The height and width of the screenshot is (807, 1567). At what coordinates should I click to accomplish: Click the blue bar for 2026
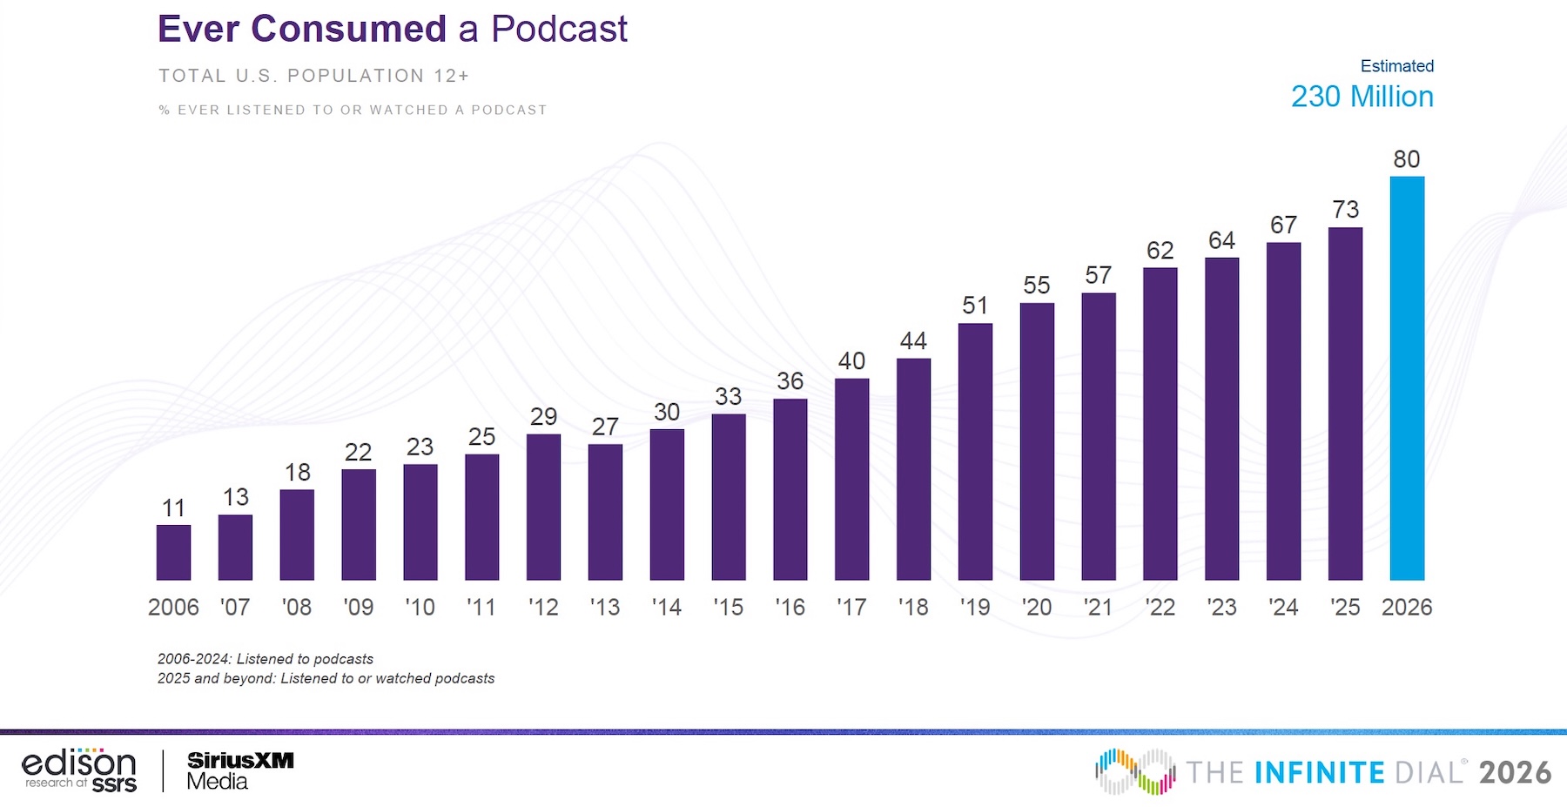click(1407, 379)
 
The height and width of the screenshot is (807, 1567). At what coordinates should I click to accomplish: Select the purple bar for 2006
click(173, 553)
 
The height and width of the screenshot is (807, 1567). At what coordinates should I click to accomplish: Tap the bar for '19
click(975, 452)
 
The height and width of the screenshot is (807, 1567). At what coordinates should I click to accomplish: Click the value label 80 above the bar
click(1407, 159)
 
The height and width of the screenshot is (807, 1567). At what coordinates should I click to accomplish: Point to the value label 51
click(975, 306)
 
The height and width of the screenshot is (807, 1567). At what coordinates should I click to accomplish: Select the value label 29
click(543, 417)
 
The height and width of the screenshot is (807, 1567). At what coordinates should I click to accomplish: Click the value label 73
click(1345, 210)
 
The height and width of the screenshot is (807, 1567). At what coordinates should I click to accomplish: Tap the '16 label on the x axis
click(790, 607)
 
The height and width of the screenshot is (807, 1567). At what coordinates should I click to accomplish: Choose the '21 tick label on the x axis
click(1098, 607)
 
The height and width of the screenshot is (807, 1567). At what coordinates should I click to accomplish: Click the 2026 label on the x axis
click(1407, 607)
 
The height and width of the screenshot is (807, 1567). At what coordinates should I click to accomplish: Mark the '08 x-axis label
click(297, 607)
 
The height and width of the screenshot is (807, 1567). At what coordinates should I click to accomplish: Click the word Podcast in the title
click(559, 29)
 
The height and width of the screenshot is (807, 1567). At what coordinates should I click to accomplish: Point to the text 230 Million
click(1362, 97)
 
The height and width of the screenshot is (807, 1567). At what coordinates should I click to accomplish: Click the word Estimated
click(1396, 66)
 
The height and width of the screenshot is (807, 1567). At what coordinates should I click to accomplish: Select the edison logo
click(79, 770)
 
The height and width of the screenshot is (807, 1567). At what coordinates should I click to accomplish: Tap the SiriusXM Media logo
click(240, 770)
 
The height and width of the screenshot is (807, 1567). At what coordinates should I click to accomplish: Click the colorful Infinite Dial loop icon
click(1135, 771)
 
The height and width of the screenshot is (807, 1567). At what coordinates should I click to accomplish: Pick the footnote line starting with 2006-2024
click(266, 659)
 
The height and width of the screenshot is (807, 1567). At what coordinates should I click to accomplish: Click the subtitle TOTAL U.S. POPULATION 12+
click(313, 76)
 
